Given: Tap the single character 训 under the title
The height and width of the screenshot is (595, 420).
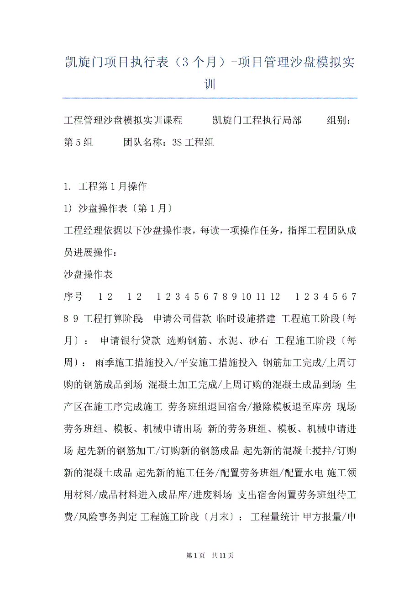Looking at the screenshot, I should pyautogui.click(x=210, y=84).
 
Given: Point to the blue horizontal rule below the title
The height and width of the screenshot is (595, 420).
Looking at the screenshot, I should pyautogui.click(x=210, y=98).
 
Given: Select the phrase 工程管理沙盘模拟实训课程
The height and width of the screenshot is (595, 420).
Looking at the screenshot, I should pyautogui.click(x=123, y=121).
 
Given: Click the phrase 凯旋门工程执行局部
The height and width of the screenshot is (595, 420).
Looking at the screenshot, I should pyautogui.click(x=257, y=121).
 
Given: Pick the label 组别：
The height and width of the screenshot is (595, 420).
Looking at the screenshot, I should pyautogui.click(x=339, y=121).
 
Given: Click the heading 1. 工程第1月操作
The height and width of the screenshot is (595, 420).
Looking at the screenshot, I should pyautogui.click(x=105, y=186).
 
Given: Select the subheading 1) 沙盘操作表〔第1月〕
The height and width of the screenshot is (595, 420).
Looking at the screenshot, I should pyautogui.click(x=117, y=208).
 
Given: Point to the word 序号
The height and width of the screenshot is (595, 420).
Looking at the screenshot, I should pyautogui.click(x=73, y=297).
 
